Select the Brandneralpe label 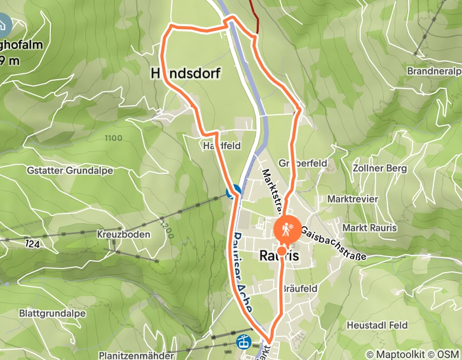click(434, 71)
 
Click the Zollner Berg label click(380, 168)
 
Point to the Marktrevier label click(352, 199)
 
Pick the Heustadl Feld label click(377, 325)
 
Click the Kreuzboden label click(123, 235)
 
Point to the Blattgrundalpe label click(52, 313)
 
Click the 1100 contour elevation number click(113, 138)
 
